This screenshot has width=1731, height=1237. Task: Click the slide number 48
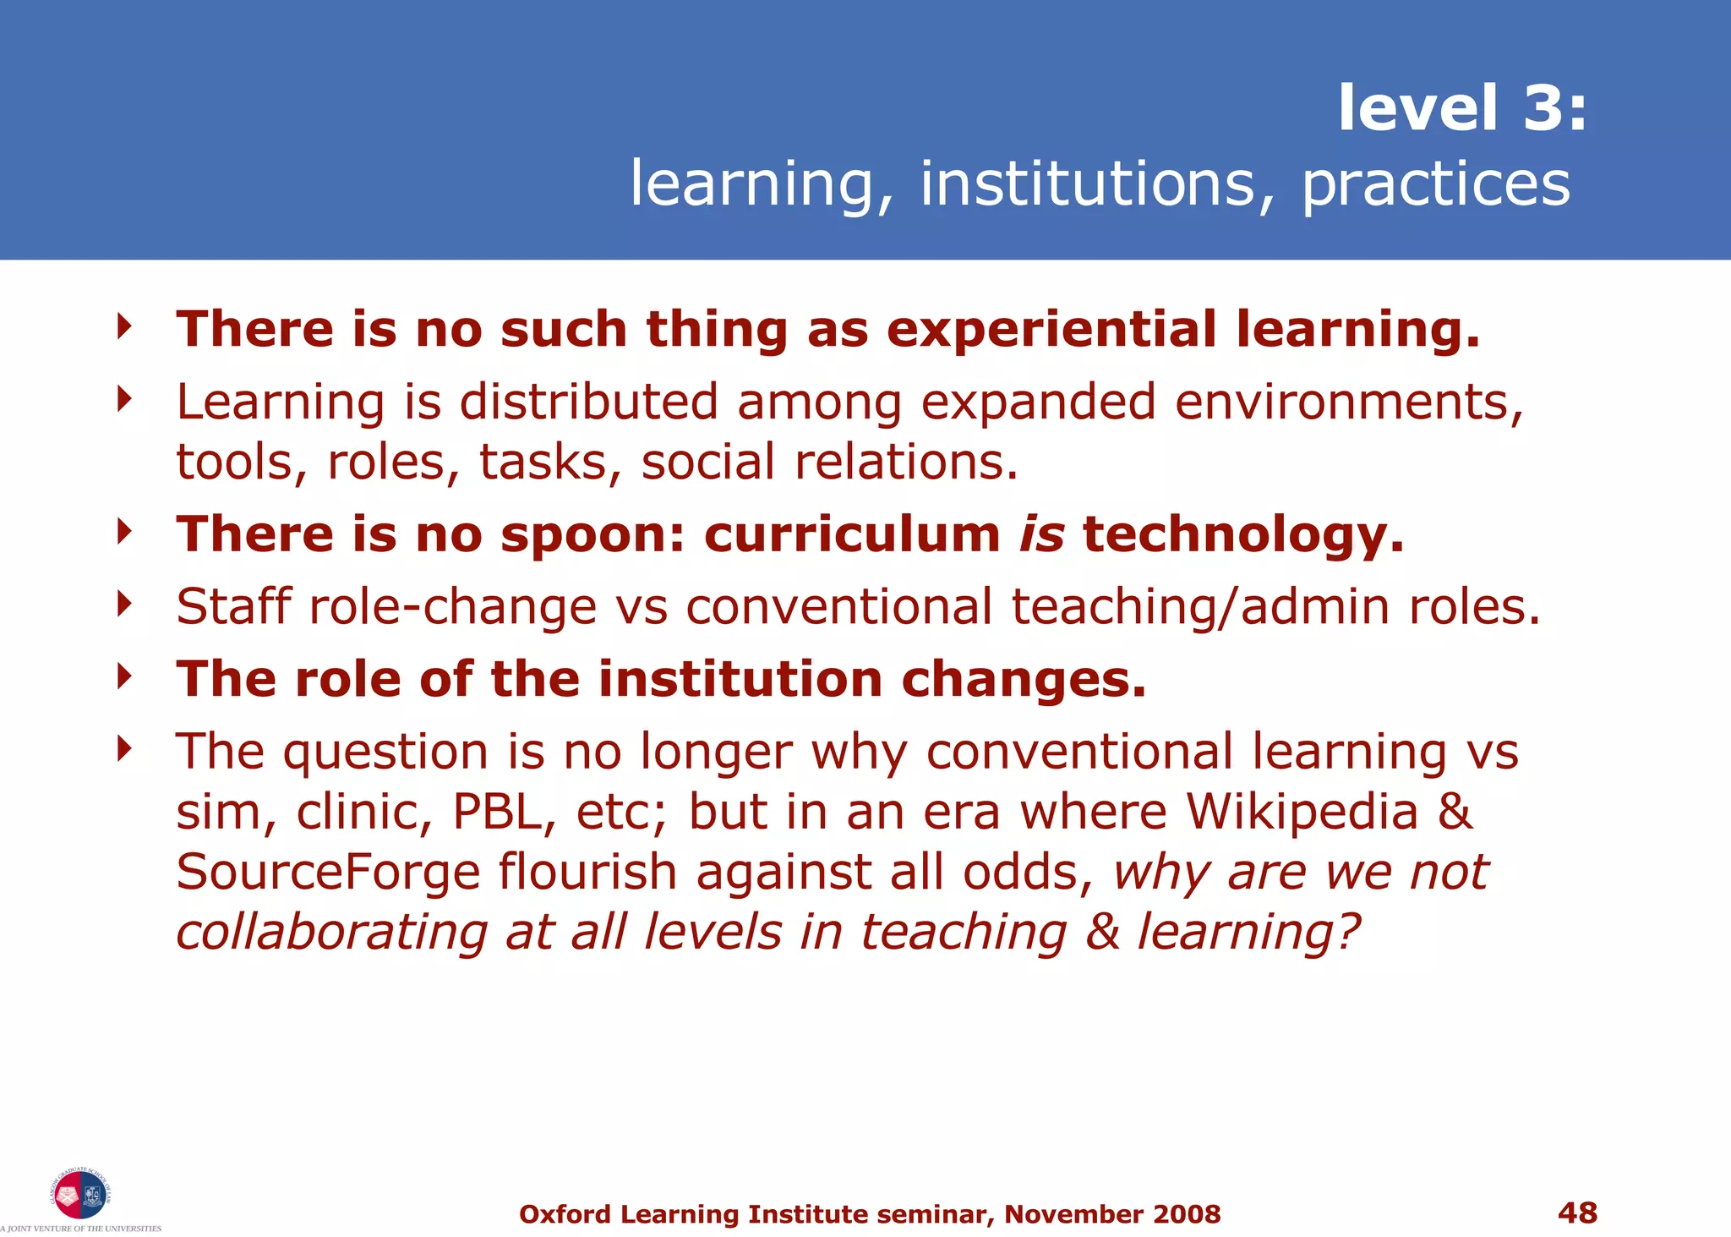[1577, 1212]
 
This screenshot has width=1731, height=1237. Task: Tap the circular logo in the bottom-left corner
[80, 1195]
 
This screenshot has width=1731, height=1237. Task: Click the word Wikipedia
[1302, 812]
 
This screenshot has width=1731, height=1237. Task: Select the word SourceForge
[327, 872]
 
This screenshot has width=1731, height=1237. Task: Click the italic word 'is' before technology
[1041, 534]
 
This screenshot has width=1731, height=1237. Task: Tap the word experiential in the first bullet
[1051, 329]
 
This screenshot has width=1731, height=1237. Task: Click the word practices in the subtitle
[1435, 184]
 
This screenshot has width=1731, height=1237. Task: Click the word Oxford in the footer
[565, 1214]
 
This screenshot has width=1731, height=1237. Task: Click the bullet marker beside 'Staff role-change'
[125, 604]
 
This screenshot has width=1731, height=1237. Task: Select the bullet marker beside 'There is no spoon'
[125, 532]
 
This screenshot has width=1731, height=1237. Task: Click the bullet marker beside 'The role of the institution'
[125, 676]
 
